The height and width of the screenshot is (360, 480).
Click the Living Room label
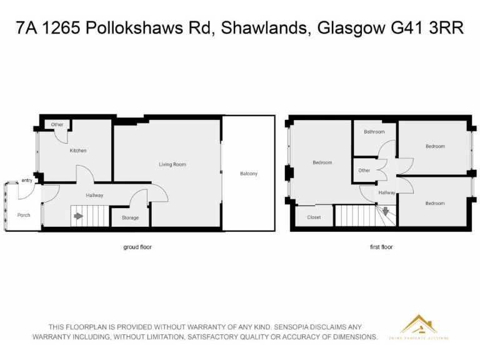[172, 164]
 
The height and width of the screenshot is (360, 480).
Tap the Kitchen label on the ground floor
[78, 151]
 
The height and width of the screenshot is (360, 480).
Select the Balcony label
[248, 174]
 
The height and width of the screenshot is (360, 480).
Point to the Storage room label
[131, 217]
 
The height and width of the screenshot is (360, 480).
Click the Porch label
[24, 215]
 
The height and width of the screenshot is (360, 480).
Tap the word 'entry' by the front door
[27, 180]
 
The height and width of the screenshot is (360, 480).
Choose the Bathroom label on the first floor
[374, 132]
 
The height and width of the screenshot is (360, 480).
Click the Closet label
[314, 217]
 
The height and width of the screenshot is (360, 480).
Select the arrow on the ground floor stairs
[78, 217]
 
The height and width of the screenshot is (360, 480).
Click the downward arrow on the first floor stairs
[386, 211]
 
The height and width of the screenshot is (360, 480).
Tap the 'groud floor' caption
[137, 247]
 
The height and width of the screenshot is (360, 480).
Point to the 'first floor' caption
[381, 247]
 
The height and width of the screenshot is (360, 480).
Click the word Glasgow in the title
[347, 28]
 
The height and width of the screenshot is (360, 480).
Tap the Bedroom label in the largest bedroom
[322, 162]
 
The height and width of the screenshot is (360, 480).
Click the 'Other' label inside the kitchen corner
[57, 124]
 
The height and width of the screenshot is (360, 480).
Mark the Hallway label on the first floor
[386, 193]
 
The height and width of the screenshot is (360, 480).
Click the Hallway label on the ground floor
[94, 196]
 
